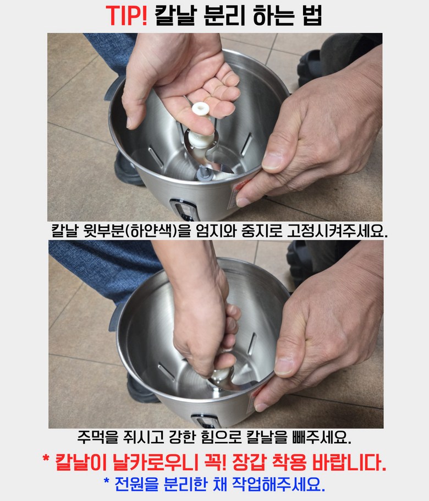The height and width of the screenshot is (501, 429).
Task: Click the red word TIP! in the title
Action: pyautogui.click(x=127, y=15)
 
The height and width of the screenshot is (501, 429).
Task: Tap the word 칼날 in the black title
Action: pyautogui.click(x=174, y=15)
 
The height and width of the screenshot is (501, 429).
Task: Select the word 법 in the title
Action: pyautogui.click(x=312, y=15)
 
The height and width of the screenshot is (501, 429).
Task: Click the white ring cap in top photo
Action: pyautogui.click(x=200, y=109)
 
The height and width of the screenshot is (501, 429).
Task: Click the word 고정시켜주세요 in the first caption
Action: pyautogui.click(x=337, y=230)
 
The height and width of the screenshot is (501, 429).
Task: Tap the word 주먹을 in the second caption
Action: pyautogui.click(x=98, y=437)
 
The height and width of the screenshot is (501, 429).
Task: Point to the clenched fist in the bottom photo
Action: pyautogui.click(x=204, y=335)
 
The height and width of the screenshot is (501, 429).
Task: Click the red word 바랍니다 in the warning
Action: pyautogui.click(x=349, y=462)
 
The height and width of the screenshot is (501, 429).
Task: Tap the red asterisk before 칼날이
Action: pyautogui.click(x=46, y=459)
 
